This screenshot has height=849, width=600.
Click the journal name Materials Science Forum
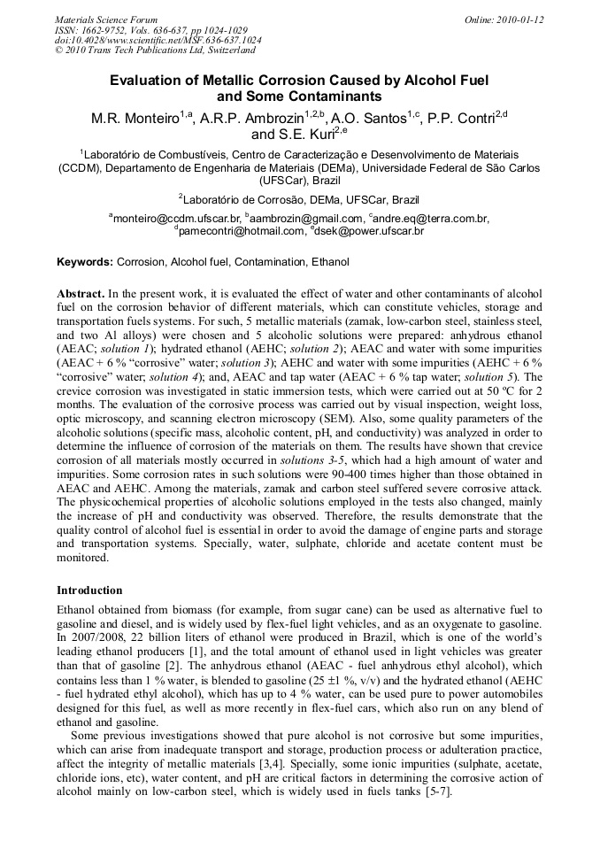(106, 19)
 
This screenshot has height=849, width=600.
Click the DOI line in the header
(158, 40)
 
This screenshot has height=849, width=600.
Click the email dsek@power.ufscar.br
(369, 231)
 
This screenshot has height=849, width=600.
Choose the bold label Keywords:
(85, 263)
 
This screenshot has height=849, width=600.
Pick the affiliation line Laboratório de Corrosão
(299, 199)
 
